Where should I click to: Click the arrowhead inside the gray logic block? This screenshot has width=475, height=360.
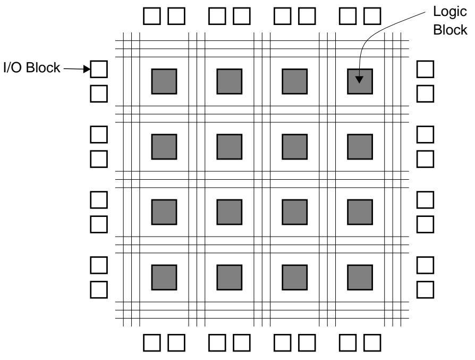coord(360,80)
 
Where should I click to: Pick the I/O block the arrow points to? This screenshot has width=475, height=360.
coord(99,69)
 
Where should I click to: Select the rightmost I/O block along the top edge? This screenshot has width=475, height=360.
coord(372,16)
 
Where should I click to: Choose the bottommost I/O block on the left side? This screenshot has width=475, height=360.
coord(99,289)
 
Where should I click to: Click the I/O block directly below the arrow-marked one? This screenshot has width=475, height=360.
coord(99,93)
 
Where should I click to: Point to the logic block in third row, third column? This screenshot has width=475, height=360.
coord(294,211)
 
